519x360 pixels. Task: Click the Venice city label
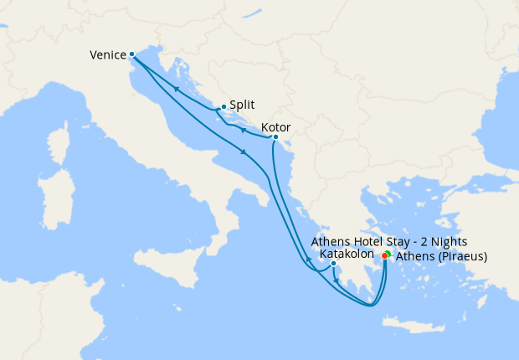[107, 55]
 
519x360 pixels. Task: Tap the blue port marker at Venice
[132, 54]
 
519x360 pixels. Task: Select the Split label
[242, 106]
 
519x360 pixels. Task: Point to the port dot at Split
[223, 107]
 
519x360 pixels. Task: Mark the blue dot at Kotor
[275, 137]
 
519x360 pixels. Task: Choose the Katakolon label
[347, 254]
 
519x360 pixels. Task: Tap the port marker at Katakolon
[333, 264]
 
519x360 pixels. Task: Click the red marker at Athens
[384, 255]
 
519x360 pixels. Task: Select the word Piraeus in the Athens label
[460, 257]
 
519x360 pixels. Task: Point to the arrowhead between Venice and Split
[177, 90]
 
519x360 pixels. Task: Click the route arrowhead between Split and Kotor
[242, 130]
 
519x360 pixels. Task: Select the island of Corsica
[64, 134]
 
